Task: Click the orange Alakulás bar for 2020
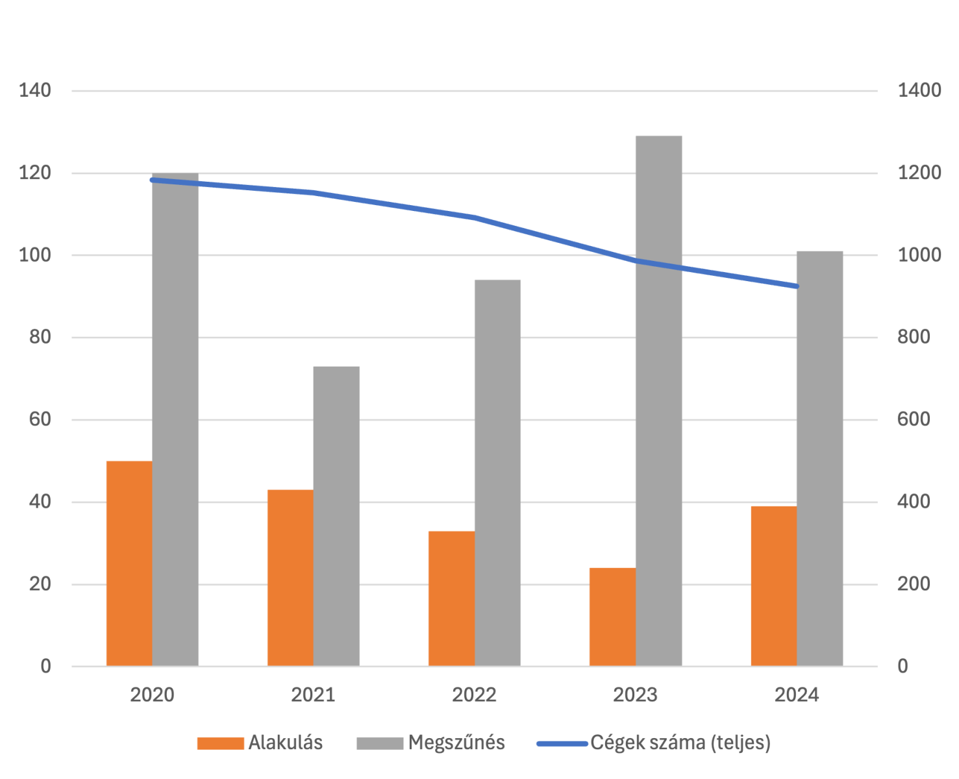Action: click(129, 563)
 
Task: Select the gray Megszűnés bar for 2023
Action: click(658, 401)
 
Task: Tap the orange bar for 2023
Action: click(612, 617)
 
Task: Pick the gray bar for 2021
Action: click(336, 515)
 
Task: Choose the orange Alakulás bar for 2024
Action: click(773, 586)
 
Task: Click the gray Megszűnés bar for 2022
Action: click(497, 473)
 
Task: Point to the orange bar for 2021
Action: click(290, 577)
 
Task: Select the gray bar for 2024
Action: click(819, 458)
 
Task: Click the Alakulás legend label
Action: click(285, 743)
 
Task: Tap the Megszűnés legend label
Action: click(456, 743)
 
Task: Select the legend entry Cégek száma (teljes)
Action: click(680, 743)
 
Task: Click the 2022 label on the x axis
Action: click(474, 695)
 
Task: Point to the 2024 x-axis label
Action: click(796, 695)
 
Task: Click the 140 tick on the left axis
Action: click(35, 90)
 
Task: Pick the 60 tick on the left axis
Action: click(40, 419)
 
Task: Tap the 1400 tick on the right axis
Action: click(919, 90)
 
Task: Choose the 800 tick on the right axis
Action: click(914, 337)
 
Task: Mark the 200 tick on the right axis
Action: click(914, 584)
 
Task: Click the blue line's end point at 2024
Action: click(796, 286)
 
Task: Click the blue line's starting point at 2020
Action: click(152, 180)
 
